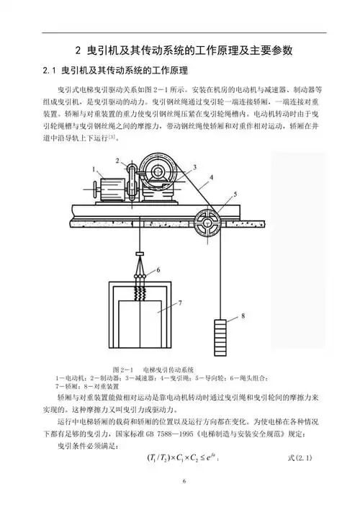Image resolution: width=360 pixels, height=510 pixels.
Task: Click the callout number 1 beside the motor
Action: coord(94,167)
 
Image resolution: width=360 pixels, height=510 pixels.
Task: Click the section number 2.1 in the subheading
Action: coord(50,71)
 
